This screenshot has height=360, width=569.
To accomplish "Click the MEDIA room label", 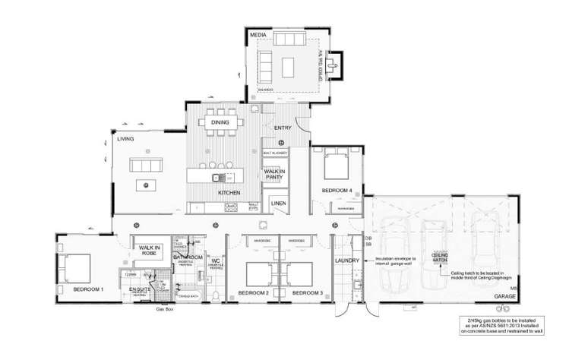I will pyautogui.click(x=258, y=36).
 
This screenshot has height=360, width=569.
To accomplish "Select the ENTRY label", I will pyautogui.click(x=272, y=128).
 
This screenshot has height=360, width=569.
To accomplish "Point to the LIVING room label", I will pyautogui.click(x=125, y=139).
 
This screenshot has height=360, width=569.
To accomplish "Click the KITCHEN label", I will pyautogui.click(x=229, y=193).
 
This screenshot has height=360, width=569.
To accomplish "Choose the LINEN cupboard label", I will pyautogui.click(x=277, y=204).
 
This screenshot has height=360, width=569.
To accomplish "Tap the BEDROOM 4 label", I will pyautogui.click(x=337, y=190).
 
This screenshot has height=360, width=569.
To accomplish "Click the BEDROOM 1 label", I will pyautogui.click(x=89, y=290).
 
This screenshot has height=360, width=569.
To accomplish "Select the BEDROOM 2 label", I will pyautogui.click(x=254, y=293).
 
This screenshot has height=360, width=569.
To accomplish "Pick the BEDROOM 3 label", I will pyautogui.click(x=308, y=293).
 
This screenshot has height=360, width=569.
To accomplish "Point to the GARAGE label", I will pyautogui.click(x=504, y=295).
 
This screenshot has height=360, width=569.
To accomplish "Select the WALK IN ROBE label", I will pyautogui.click(x=147, y=251).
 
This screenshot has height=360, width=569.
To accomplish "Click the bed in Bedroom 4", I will pyautogui.click(x=337, y=165).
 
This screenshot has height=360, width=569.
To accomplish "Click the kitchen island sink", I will pyautogui.click(x=217, y=178).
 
